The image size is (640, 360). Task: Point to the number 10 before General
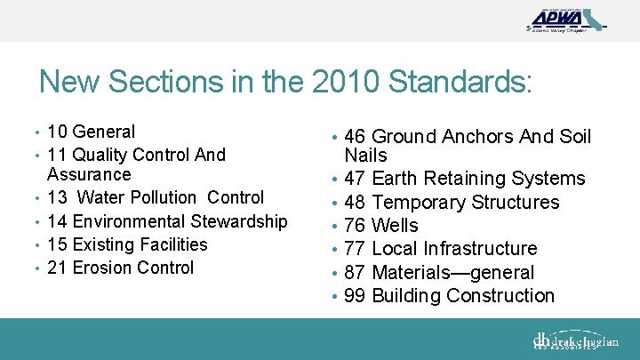pos(58,132)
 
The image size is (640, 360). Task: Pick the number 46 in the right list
pos(355,137)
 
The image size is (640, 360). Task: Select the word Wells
pos(395,226)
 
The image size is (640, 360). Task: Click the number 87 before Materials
pos(355,273)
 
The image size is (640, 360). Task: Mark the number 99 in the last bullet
pos(355,296)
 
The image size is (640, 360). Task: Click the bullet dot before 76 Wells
pos(334,226)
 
